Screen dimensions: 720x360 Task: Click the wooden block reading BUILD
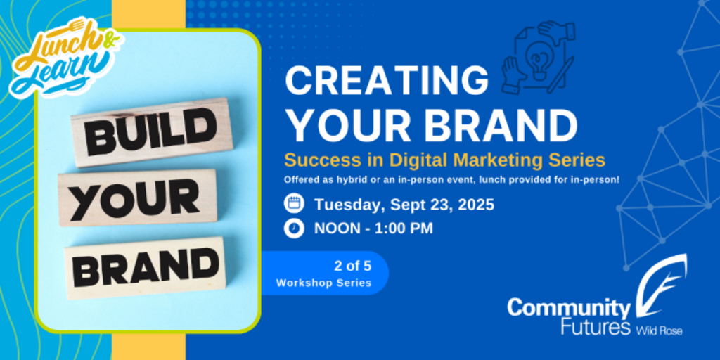pyautogui.click(x=152, y=132)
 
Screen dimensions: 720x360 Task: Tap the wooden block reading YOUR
pyautogui.click(x=138, y=198)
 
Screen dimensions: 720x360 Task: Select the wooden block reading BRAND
pyautogui.click(x=145, y=268)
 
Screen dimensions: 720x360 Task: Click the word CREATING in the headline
pyautogui.click(x=387, y=82)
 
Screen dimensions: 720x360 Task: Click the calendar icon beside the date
pyautogui.click(x=294, y=203)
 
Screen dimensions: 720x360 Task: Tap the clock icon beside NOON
pyautogui.click(x=294, y=229)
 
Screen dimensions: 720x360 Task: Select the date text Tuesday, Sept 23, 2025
pyautogui.click(x=404, y=205)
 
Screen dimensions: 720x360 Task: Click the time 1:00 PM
pyautogui.click(x=404, y=229)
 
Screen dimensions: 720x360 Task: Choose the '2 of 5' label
pyautogui.click(x=352, y=266)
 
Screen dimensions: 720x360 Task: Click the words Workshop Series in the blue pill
pyautogui.click(x=323, y=283)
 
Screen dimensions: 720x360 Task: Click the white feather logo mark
pyautogui.click(x=661, y=285)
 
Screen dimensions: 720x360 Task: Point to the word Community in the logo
pyautogui.click(x=568, y=309)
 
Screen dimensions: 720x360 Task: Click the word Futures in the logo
pyautogui.click(x=596, y=328)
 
